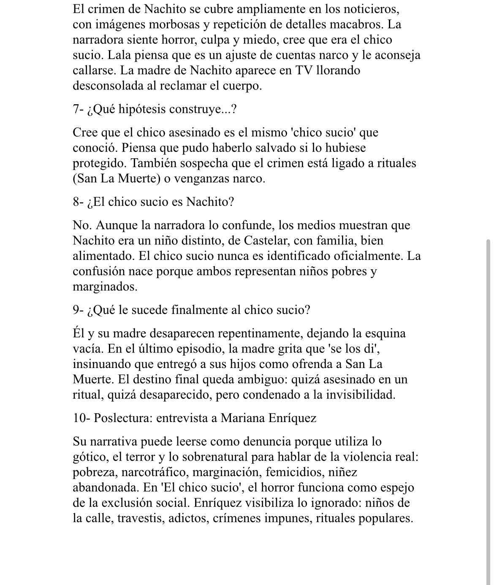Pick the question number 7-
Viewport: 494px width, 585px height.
pyautogui.click(x=78, y=109)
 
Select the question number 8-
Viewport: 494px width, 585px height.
pyautogui.click(x=78, y=202)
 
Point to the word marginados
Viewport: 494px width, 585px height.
pyautogui.click(x=105, y=287)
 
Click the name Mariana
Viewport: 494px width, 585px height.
pyautogui.click(x=244, y=418)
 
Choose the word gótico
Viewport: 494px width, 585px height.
pyautogui.click(x=91, y=457)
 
